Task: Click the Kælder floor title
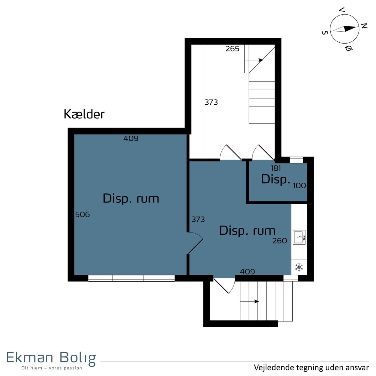tap(84, 114)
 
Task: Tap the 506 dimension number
tap(82, 215)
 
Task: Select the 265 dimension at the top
tap(232, 49)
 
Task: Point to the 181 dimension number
tap(276, 168)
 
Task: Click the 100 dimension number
tap(300, 185)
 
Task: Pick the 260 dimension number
tap(279, 241)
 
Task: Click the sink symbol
tap(299, 237)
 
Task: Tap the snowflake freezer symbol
tap(299, 267)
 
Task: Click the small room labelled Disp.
tap(276, 179)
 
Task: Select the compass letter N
tap(364, 26)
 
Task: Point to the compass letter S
tap(325, 33)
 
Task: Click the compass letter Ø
tap(348, 48)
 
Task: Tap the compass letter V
tap(342, 10)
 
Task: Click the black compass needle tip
tap(357, 27)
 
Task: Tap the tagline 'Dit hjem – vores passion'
tap(52, 368)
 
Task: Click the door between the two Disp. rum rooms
tap(195, 243)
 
